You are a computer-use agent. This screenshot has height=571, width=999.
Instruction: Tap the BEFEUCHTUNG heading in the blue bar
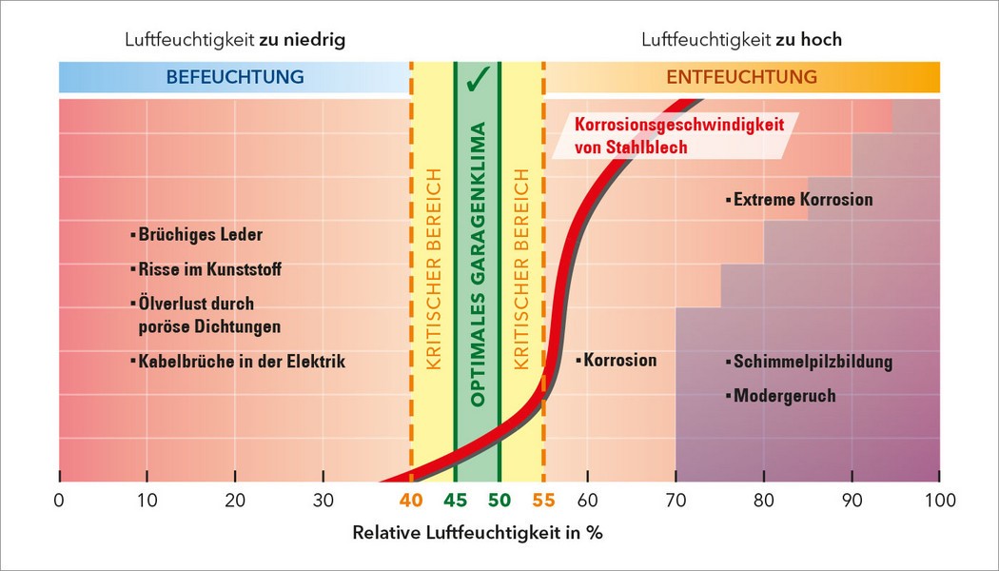pos(235,77)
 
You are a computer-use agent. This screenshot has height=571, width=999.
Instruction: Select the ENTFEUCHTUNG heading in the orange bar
pos(741,77)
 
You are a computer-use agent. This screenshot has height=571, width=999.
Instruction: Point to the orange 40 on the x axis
pos(411,500)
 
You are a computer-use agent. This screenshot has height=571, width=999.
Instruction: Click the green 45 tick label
pos(455,500)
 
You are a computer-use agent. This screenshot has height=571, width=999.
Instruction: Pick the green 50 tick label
pos(499,500)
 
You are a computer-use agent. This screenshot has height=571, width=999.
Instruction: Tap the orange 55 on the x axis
pos(543,500)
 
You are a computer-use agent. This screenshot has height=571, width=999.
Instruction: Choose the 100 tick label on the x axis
pos(939,500)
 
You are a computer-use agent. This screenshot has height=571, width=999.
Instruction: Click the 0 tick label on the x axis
pos(59,500)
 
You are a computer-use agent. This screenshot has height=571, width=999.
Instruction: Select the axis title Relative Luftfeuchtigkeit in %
pos(478,533)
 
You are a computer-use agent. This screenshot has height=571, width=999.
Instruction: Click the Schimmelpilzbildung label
pos(813,362)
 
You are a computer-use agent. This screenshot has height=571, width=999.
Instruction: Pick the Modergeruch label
pos(784,395)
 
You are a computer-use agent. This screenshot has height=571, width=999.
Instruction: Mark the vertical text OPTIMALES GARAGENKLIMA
pos(479,264)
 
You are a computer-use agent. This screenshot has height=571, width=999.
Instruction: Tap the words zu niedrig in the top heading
pos(307,40)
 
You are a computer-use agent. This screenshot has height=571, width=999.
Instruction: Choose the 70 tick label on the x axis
pos(676,500)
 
